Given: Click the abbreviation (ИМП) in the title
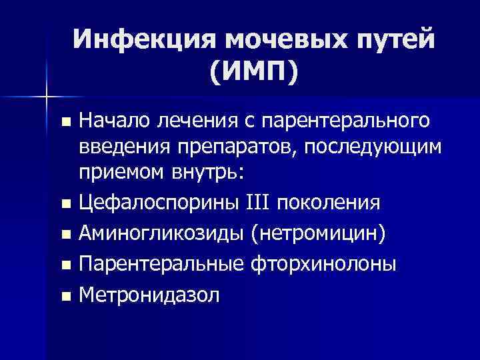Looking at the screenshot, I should tap(253, 71).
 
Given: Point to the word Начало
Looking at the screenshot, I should tap(114, 121).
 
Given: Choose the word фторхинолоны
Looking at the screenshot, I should tap(325, 264).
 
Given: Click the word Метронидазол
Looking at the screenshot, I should tap(148, 295).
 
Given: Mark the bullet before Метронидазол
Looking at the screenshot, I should tap(65, 297).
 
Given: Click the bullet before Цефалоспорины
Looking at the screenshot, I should tap(65, 202).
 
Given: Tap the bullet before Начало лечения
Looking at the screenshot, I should tap(65, 122).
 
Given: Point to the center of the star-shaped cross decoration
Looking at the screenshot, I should tap(46, 98).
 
